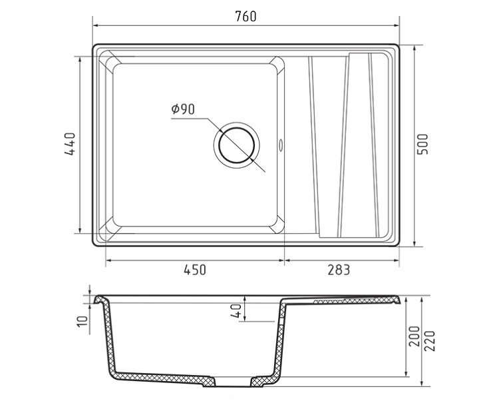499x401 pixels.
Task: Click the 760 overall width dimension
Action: pyautogui.click(x=246, y=16)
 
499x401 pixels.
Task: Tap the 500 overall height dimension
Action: pyautogui.click(x=422, y=145)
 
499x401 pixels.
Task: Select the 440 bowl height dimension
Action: pyautogui.click(x=70, y=144)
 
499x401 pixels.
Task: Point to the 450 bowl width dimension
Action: pyautogui.click(x=195, y=270)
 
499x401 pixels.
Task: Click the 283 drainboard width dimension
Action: pyautogui.click(x=339, y=270)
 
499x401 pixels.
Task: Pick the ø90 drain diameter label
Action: pyautogui.click(x=183, y=109)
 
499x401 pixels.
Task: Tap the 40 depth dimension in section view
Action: pyautogui.click(x=236, y=310)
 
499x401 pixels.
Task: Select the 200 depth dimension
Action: pyautogui.click(x=414, y=336)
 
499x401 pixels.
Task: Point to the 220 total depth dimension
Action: pyautogui.click(x=430, y=341)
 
